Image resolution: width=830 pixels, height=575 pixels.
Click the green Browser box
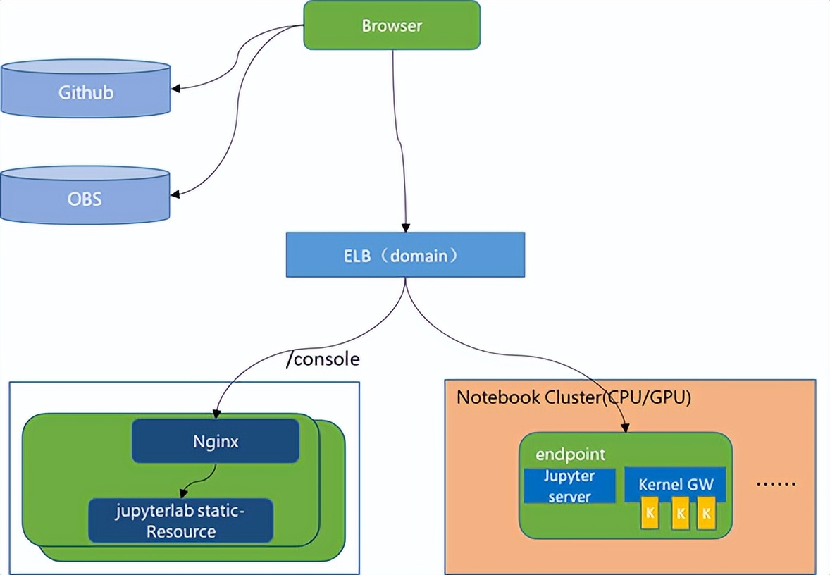392,25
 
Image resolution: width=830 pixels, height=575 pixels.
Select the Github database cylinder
85,92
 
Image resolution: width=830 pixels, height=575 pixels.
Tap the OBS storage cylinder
85,199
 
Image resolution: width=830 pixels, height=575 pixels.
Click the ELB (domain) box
405,254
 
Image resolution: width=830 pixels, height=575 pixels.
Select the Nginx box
216,442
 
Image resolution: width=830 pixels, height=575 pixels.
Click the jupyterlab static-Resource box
180,521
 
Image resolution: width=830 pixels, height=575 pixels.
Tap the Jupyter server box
569,486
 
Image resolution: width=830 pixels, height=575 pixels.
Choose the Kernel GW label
676,485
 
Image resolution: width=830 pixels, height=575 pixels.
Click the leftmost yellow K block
650,514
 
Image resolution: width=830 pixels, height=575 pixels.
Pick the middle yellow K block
680,514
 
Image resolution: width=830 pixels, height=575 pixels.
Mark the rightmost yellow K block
706,514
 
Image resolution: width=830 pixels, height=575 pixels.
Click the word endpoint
570,454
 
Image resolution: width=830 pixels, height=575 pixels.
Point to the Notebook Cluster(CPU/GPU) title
574,397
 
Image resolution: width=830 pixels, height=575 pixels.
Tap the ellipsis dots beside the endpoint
776,484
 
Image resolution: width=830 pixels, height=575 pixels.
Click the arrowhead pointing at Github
176,89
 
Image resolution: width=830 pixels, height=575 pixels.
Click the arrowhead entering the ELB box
405,228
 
